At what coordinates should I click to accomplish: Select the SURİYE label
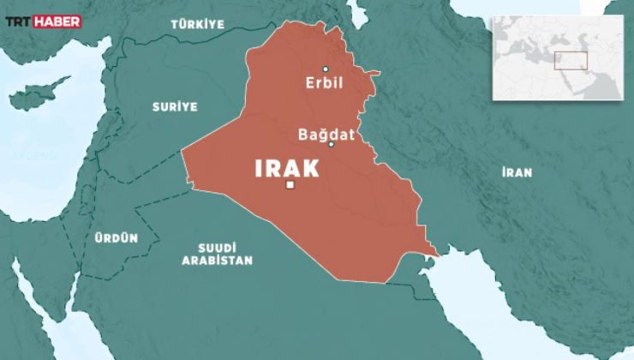[x=176, y=107]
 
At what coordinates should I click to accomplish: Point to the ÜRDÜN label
[x=117, y=239]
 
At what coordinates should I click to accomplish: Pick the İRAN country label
[x=517, y=172]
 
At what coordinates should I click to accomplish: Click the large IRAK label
[x=287, y=168]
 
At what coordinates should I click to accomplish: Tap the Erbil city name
[x=324, y=84]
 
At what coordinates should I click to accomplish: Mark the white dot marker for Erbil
[x=325, y=69]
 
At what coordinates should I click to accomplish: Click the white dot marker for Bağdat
[x=331, y=145]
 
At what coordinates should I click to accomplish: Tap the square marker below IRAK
[x=290, y=185]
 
